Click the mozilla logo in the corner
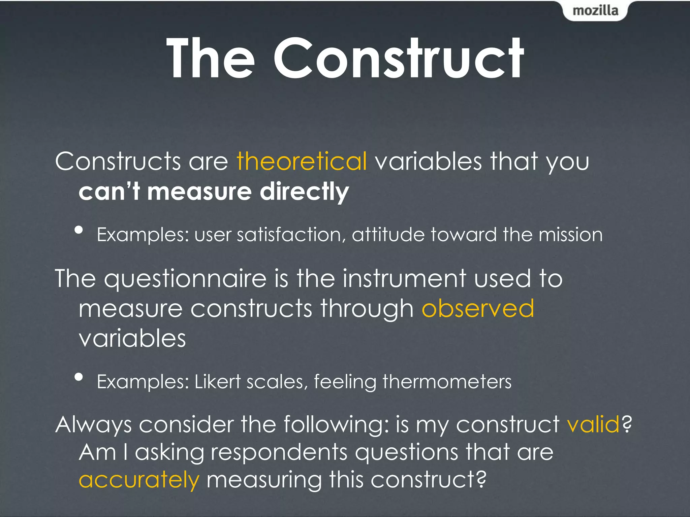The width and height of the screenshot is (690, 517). pos(595,11)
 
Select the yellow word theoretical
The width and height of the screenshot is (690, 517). pos(302,161)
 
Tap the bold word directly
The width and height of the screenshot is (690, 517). pos(304,192)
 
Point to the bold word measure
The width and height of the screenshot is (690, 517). pos(199,192)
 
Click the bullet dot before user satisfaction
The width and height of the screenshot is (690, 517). pos(79,230)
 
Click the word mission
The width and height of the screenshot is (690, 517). pos(570,235)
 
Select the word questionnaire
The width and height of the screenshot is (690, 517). pos(185,279)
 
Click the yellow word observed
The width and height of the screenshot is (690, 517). pos(478,308)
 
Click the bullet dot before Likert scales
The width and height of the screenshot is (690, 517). pos(79,377)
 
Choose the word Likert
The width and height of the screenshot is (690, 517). pos(218,382)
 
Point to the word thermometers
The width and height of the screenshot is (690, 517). pos(447,382)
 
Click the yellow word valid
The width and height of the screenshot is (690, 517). pos(593,424)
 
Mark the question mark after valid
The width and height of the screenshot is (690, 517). pos(627,424)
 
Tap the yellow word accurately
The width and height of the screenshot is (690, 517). pos(139,480)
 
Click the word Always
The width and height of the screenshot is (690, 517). pos(93,425)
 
